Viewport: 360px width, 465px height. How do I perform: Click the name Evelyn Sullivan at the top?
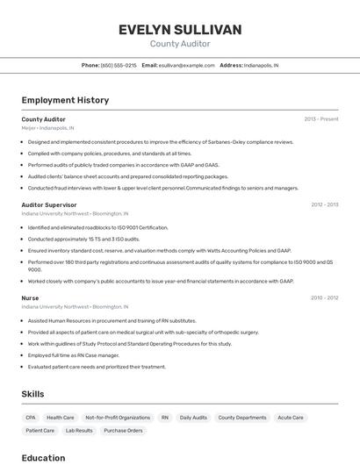180,30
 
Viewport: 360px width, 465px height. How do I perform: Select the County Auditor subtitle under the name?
180,43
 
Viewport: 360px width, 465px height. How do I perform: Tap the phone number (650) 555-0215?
119,65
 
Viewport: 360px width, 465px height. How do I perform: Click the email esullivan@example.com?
186,65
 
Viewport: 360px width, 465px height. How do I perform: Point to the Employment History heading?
65,100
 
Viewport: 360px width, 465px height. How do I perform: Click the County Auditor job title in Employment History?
43,118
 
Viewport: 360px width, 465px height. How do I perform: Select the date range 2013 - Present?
320,118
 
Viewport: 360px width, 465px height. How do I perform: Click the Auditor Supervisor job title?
49,204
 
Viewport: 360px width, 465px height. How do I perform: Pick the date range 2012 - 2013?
324,204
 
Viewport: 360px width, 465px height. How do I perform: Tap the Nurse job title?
30,298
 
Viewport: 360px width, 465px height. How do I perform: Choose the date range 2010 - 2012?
324,298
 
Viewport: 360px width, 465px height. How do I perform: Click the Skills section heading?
32,394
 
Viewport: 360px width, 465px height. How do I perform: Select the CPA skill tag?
31,418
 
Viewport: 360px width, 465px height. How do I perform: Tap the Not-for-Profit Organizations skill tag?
118,418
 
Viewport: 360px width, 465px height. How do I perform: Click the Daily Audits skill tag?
193,418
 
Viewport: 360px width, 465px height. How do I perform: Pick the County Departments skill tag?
241,418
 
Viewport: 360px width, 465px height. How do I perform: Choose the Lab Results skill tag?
79,431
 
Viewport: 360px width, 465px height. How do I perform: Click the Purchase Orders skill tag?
123,431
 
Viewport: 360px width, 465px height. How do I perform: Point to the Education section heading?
43,457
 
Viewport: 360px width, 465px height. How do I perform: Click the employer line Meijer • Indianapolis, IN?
47,127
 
